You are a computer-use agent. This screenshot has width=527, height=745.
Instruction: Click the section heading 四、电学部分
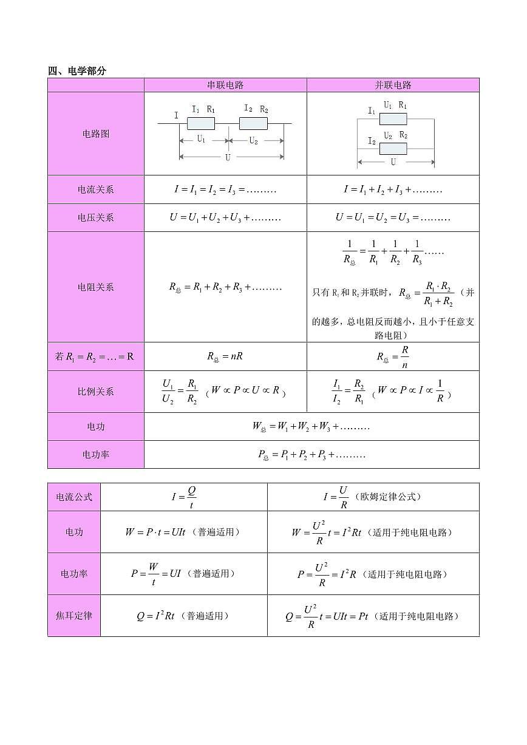click(x=77, y=71)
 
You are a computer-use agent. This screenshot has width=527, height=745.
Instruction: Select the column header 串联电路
click(x=225, y=85)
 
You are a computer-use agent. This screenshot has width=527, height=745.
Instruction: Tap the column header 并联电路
click(x=393, y=85)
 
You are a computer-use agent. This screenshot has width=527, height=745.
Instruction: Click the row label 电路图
click(x=96, y=134)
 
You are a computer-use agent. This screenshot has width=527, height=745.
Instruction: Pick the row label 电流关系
click(x=96, y=189)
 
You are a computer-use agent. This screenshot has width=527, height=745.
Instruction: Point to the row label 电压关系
click(x=96, y=217)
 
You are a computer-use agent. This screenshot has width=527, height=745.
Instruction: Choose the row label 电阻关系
click(x=96, y=287)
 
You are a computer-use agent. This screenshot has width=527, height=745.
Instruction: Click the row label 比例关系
click(x=96, y=392)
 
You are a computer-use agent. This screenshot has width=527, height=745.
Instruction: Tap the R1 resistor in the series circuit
click(x=201, y=124)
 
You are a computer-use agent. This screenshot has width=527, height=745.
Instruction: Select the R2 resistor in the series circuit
click(x=254, y=124)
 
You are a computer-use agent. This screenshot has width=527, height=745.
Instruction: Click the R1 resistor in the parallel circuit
click(x=393, y=118)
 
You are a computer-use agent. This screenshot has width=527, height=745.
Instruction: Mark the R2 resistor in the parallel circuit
click(x=393, y=149)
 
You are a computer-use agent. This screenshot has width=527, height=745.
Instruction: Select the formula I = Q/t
click(x=184, y=497)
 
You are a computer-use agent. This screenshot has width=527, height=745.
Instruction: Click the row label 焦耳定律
click(x=74, y=616)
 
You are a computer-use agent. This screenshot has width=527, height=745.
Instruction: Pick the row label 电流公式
click(x=74, y=497)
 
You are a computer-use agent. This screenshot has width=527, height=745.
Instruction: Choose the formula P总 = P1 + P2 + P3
click(x=311, y=455)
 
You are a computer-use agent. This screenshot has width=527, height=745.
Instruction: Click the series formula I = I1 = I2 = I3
click(x=225, y=189)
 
